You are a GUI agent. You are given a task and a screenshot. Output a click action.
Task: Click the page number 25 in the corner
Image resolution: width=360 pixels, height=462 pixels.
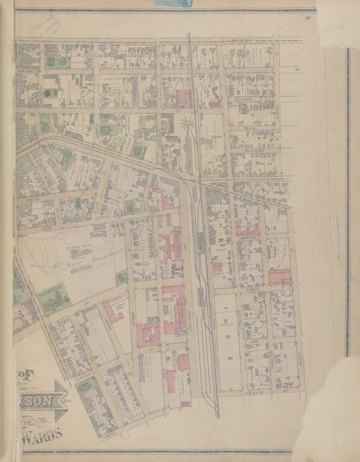pos(308,19)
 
